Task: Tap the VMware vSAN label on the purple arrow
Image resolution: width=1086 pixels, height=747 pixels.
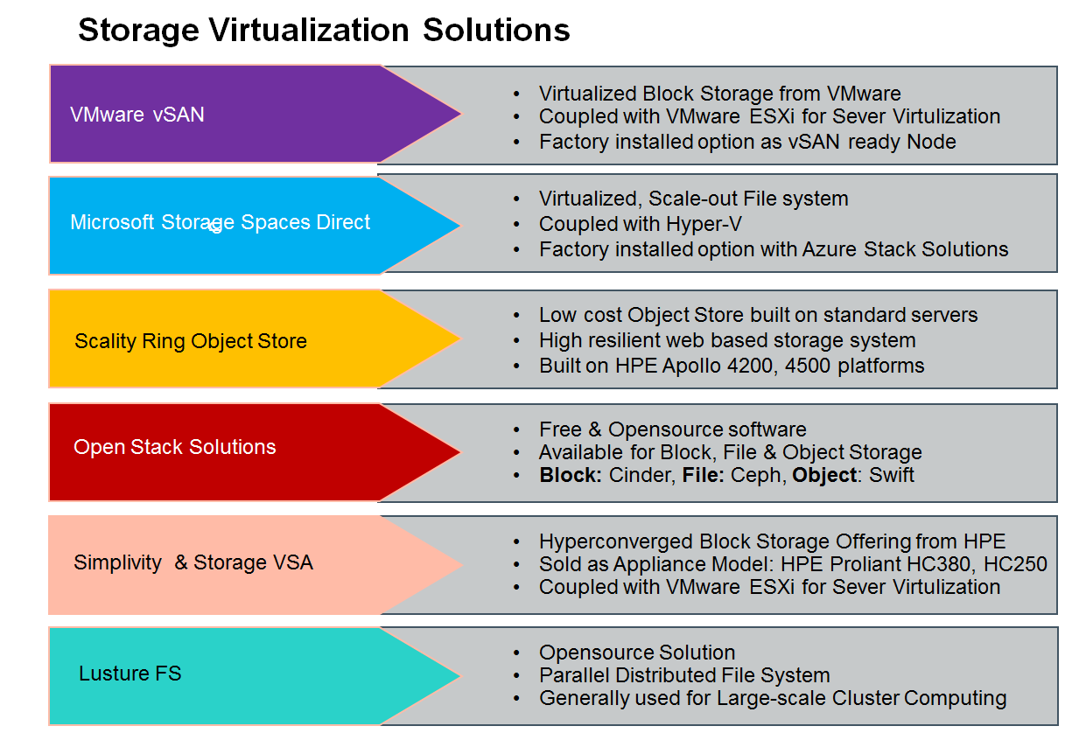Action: (x=137, y=115)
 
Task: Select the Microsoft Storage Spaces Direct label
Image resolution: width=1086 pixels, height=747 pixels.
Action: (x=220, y=222)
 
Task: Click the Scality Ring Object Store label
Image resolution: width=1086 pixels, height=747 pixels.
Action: (x=191, y=341)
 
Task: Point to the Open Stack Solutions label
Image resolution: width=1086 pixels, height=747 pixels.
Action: (x=174, y=447)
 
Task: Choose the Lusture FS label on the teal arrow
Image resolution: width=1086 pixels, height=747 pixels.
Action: (x=130, y=674)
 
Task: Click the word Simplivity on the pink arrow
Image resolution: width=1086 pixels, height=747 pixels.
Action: (x=117, y=562)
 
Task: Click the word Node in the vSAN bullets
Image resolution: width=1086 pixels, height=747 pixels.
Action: (x=933, y=141)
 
